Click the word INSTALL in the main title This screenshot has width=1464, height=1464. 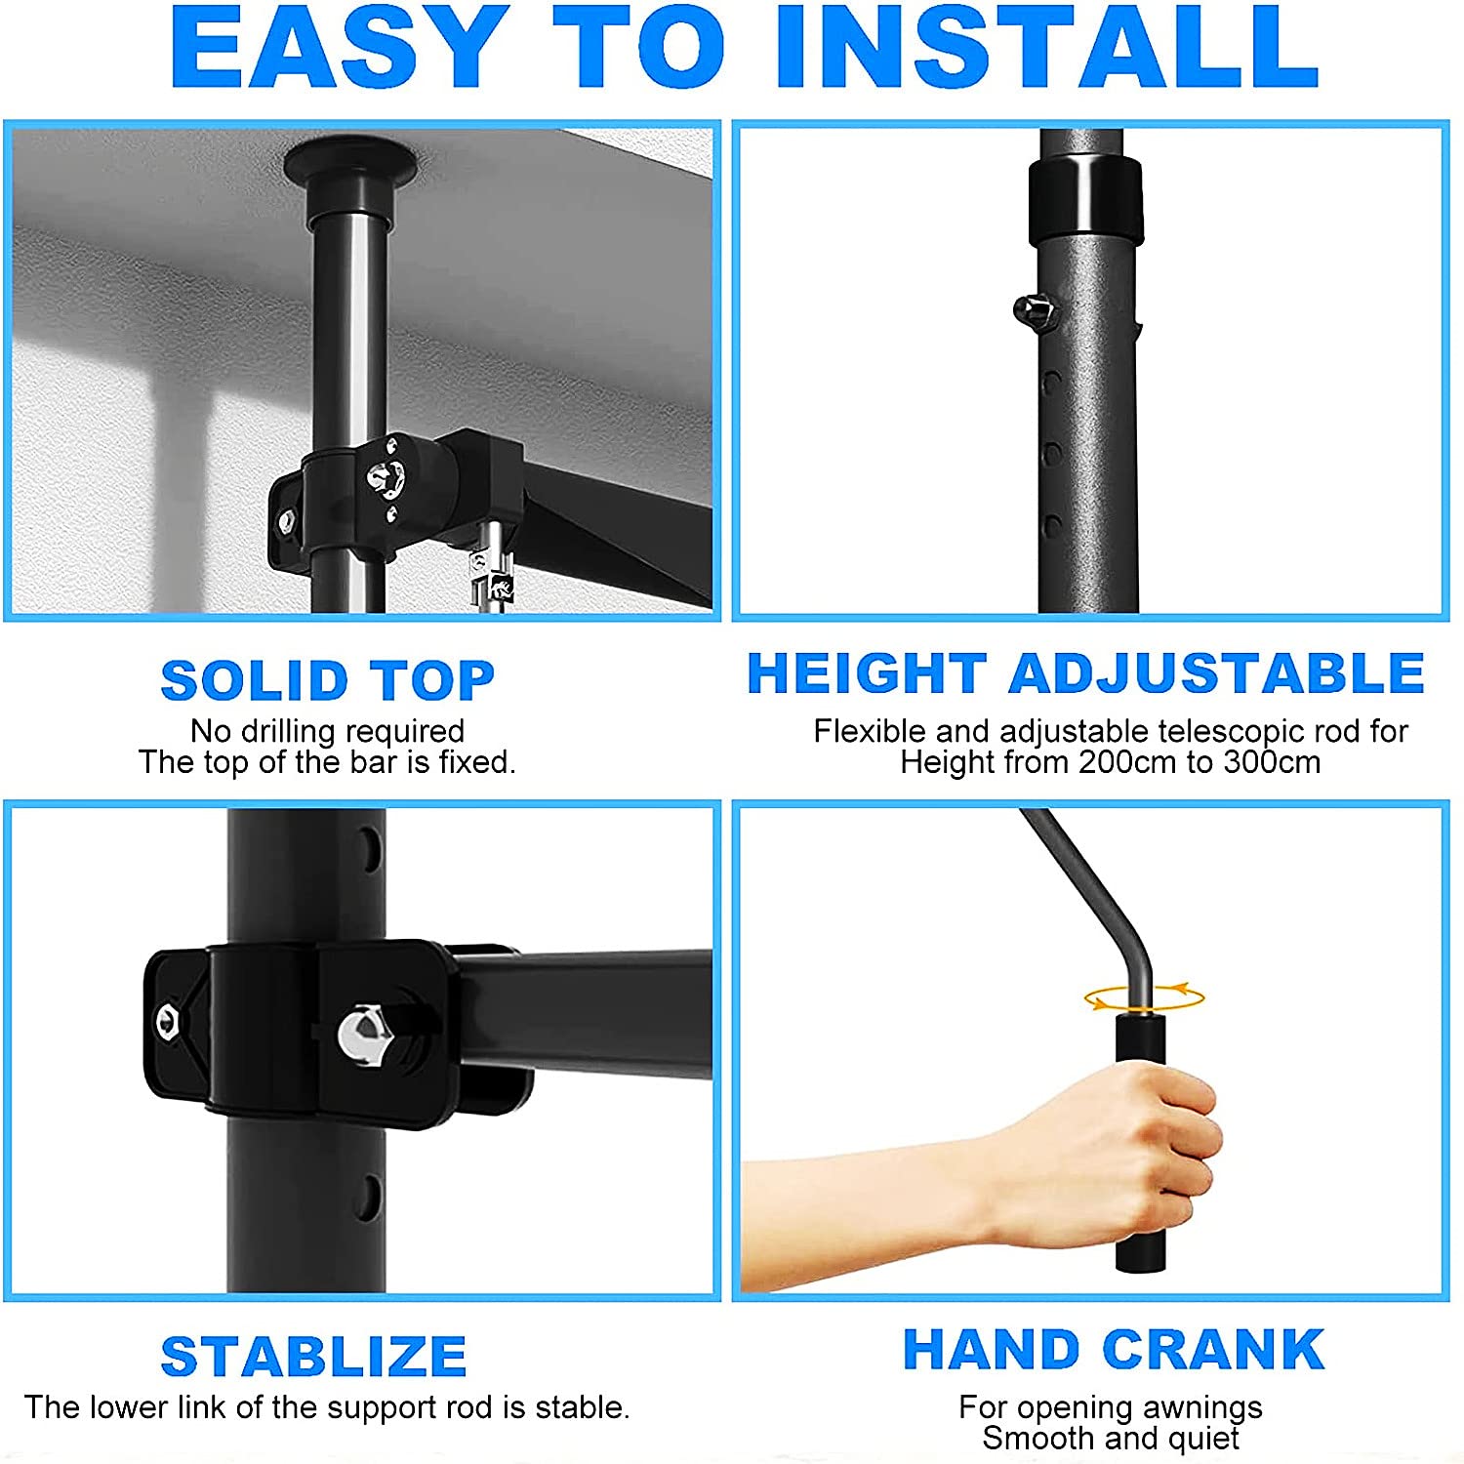[x=1047, y=48]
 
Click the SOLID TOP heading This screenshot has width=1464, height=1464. [x=328, y=680]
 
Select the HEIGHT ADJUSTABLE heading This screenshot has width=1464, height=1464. [x=1085, y=673]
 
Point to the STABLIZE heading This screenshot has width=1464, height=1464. [x=314, y=1357]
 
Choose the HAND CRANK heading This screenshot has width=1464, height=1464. [x=1114, y=1350]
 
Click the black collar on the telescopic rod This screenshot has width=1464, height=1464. [x=1084, y=198]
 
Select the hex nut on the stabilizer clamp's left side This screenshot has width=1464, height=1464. [x=168, y=1022]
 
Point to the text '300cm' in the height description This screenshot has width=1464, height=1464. [x=1272, y=762]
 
